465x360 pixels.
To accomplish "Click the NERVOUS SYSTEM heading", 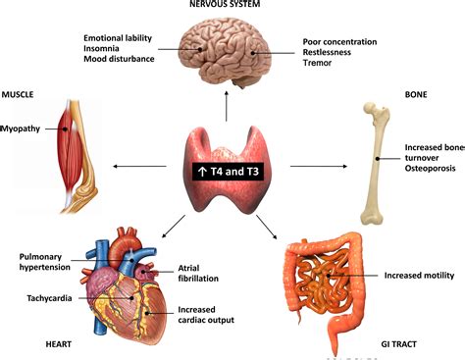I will click(231, 5).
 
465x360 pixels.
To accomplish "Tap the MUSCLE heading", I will click(20, 95).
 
